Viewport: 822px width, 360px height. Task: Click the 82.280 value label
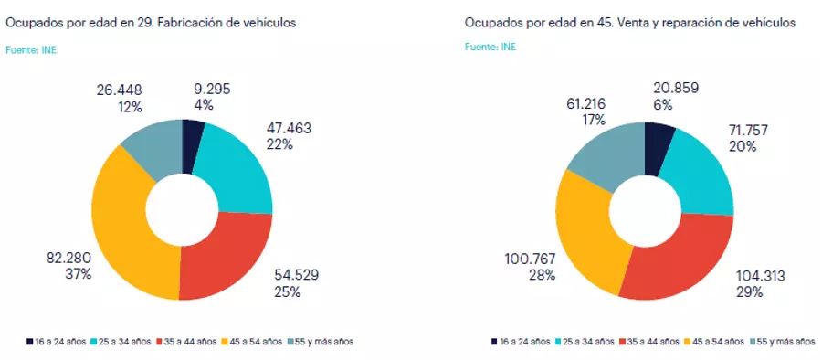point(67,258)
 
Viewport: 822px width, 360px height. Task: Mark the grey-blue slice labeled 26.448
point(151,146)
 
